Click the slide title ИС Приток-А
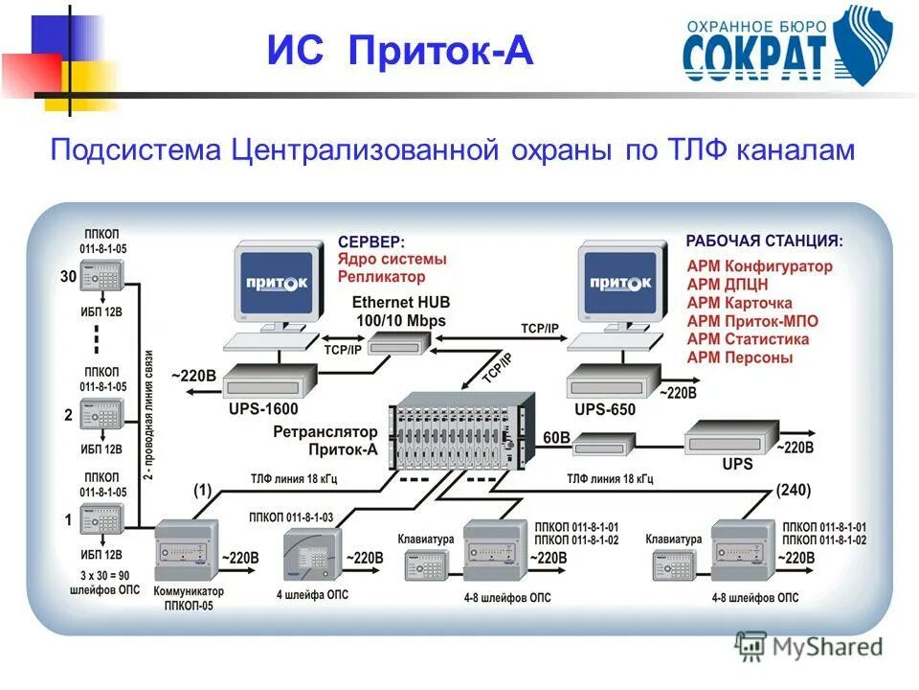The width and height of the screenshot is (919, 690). point(399,51)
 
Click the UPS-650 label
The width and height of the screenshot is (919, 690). point(605,408)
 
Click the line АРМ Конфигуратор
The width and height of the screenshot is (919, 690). point(759,266)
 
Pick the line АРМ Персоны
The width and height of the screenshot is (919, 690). point(739,357)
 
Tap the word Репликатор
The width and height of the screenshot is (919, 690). point(381,277)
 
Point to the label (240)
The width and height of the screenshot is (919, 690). point(793,490)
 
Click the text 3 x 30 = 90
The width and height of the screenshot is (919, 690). point(100,575)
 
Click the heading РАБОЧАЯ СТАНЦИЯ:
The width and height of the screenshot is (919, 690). point(764,241)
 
